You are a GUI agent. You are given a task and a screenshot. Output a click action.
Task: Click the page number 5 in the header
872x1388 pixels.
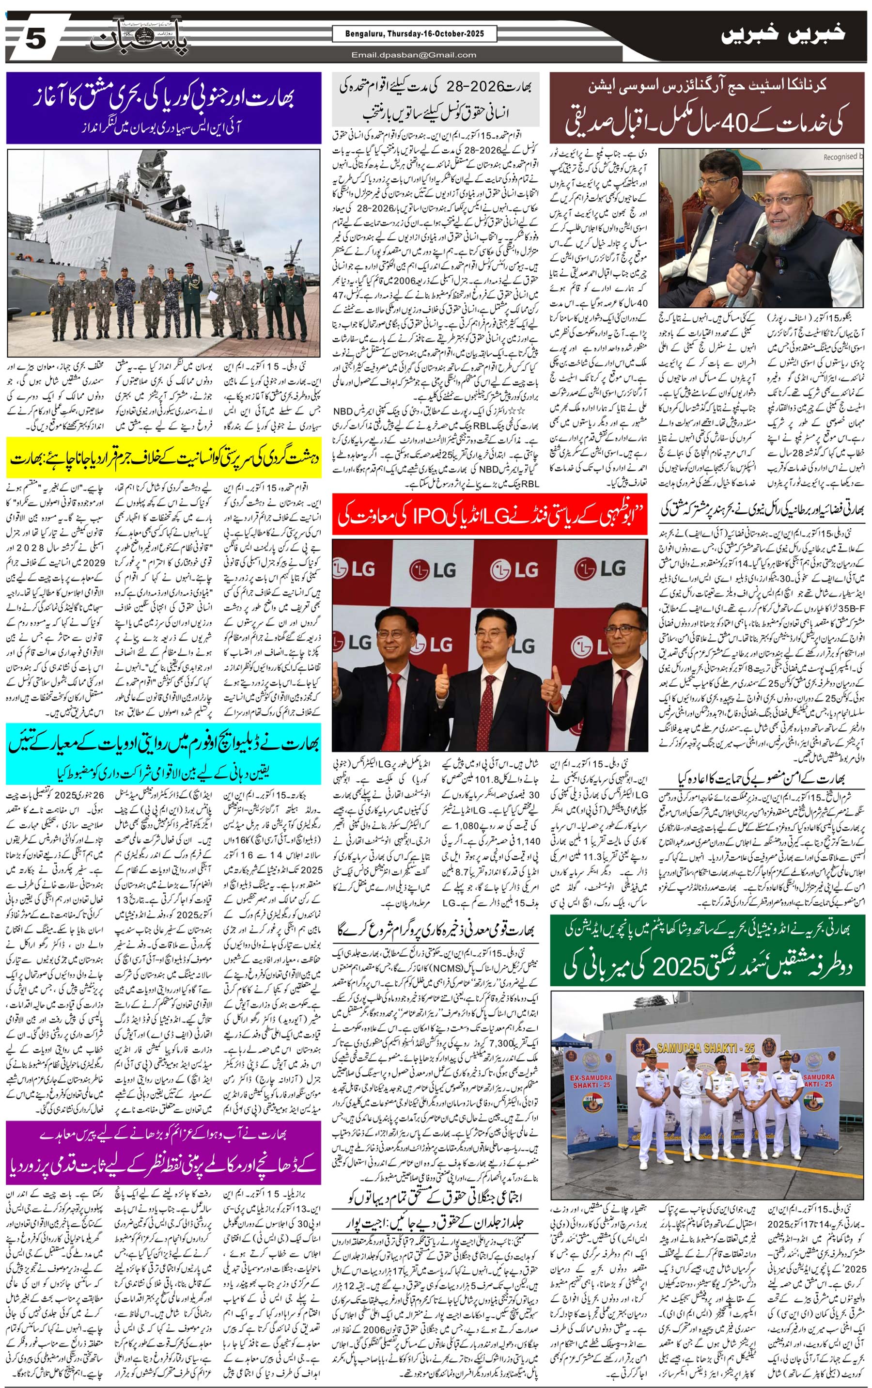[34, 40]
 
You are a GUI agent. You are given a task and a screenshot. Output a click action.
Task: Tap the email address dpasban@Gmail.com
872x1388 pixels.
[414, 55]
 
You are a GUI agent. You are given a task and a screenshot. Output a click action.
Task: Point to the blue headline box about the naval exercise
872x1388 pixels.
[164, 107]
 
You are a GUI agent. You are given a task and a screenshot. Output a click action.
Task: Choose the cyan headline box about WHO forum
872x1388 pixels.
[164, 754]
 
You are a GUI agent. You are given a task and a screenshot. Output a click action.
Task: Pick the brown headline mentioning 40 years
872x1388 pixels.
[707, 107]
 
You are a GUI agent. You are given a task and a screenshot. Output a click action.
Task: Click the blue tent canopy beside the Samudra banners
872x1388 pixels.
[576, 1038]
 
